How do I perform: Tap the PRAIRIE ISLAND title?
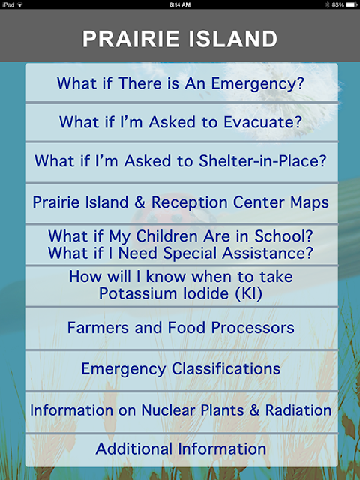coord(180,39)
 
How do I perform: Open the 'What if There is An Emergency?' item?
coord(181,83)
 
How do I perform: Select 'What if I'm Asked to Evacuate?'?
coord(181,121)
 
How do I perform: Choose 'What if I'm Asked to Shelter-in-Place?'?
coord(181,160)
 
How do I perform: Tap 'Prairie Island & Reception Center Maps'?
coord(181,202)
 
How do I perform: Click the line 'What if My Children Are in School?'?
coord(181,236)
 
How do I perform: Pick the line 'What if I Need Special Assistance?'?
coord(181,253)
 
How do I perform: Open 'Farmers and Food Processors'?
coord(181,327)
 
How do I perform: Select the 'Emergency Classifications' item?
coord(181,368)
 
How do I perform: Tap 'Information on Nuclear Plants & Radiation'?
coord(181,410)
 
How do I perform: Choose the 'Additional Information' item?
coord(181,448)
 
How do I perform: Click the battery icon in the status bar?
coord(352,4)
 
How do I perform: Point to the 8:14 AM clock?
coord(180,4)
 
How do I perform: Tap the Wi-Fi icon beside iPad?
coord(20,4)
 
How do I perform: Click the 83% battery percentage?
coord(338,4)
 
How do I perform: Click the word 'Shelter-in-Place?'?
coord(263,160)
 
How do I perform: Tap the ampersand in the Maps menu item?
coord(139,202)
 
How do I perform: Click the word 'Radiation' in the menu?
coord(298,410)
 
